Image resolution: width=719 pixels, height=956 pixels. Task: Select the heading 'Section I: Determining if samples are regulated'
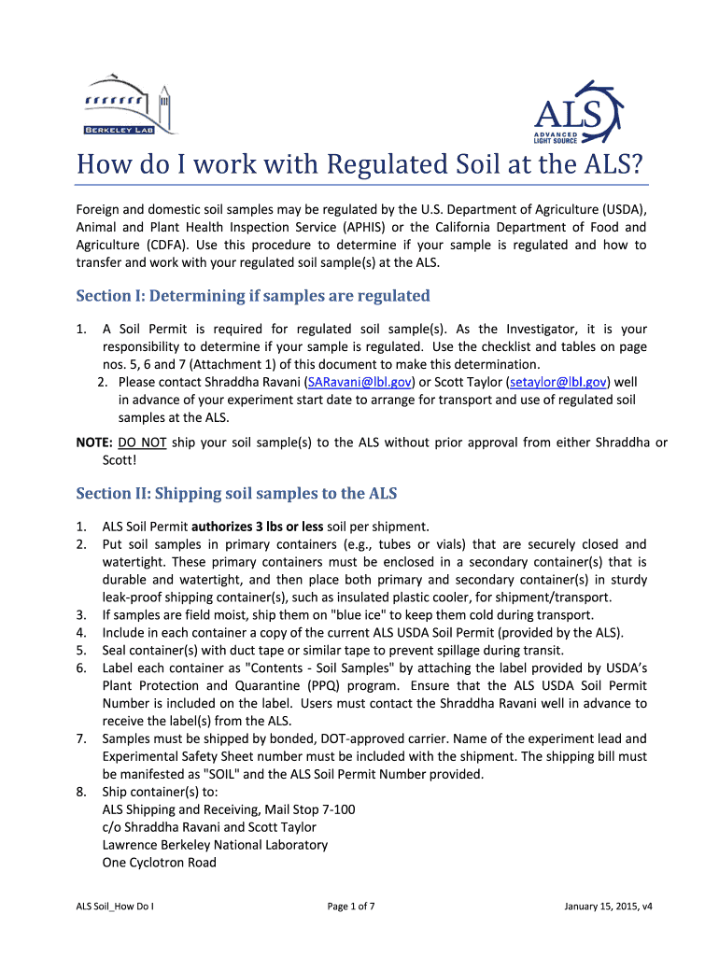pyautogui.click(x=252, y=296)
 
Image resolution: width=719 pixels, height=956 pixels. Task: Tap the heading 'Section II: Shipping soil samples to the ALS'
pyautogui.click(x=240, y=493)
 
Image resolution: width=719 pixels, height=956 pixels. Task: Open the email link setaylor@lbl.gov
pyautogui.click(x=557, y=383)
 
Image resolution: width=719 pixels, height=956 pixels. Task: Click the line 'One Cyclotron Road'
pyautogui.click(x=159, y=863)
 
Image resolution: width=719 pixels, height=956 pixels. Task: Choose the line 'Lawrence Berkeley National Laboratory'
pyautogui.click(x=215, y=845)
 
